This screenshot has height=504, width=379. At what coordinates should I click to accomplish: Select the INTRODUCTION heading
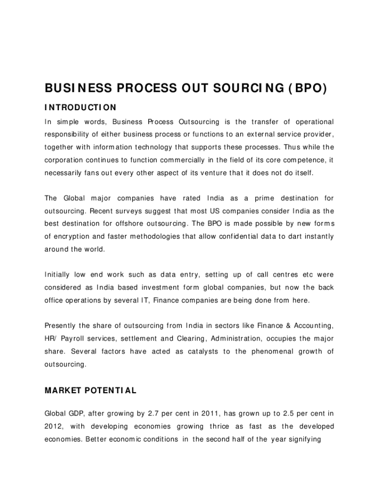tap(81, 107)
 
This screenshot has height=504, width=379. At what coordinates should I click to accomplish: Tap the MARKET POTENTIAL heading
tap(91, 391)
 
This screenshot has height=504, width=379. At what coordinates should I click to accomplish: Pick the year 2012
tap(54, 426)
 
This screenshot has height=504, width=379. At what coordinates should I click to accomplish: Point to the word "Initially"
tap(58, 274)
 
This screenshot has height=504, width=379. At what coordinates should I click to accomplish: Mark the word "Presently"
tap(61, 325)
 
